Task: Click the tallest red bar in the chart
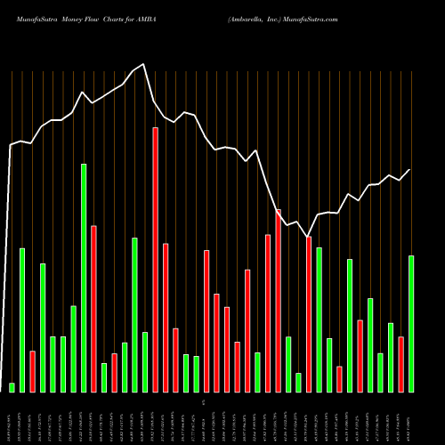click(155, 259)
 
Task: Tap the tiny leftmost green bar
click(12, 387)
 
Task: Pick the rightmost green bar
click(411, 323)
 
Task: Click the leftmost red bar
click(33, 371)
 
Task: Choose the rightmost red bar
click(400, 364)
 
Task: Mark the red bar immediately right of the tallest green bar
click(93, 308)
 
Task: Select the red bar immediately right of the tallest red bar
click(166, 317)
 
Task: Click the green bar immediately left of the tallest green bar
click(74, 348)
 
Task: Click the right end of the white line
click(410, 169)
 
